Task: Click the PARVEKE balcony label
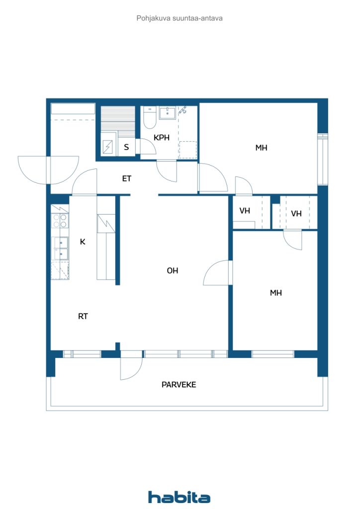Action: pos(179,385)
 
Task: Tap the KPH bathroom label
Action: pos(162,138)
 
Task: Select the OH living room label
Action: pos(173,270)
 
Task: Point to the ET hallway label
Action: pos(127,178)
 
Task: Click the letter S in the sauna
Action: pos(126,147)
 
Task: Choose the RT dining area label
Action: pos(83,316)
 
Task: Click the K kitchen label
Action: pos(83,242)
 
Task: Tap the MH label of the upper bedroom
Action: pos(262,148)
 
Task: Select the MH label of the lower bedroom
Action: pos(276,293)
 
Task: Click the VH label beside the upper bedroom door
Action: pos(245,211)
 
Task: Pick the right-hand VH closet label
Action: pos(296,214)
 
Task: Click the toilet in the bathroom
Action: pos(150,117)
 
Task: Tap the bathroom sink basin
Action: pos(168,113)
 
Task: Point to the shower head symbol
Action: pos(183,110)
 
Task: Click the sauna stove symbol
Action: pos(108,147)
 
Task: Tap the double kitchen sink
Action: pos(60,249)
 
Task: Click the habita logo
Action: pos(179,497)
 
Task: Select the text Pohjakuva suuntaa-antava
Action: pos(180,18)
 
